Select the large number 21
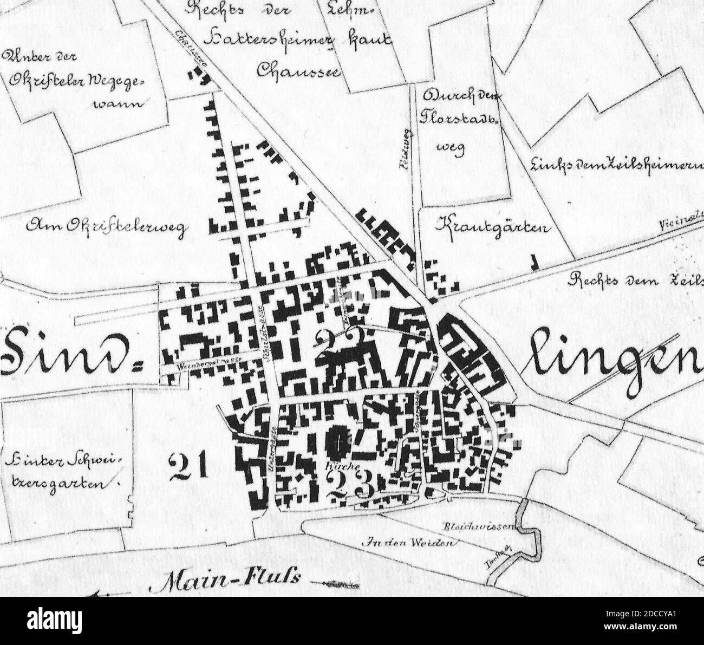pos(188,466)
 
